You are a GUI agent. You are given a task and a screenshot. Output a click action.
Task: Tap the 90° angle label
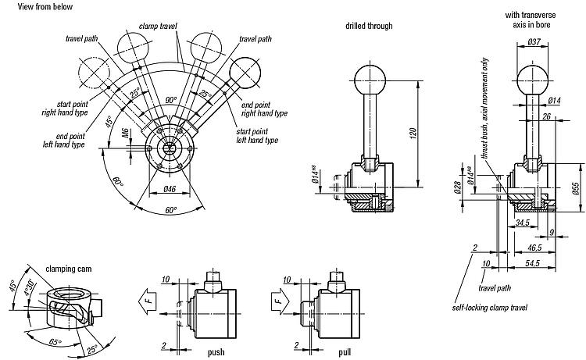[x=171, y=100]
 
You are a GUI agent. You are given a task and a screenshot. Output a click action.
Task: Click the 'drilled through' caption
[x=368, y=26]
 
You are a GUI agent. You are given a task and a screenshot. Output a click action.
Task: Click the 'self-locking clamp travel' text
[x=490, y=307]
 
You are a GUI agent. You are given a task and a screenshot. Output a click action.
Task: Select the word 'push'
[x=216, y=352]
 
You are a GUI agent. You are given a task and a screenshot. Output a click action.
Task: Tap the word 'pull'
[x=345, y=352]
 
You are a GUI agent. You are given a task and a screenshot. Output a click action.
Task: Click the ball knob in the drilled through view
[x=370, y=77]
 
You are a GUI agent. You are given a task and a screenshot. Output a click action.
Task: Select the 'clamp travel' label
[x=156, y=26]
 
